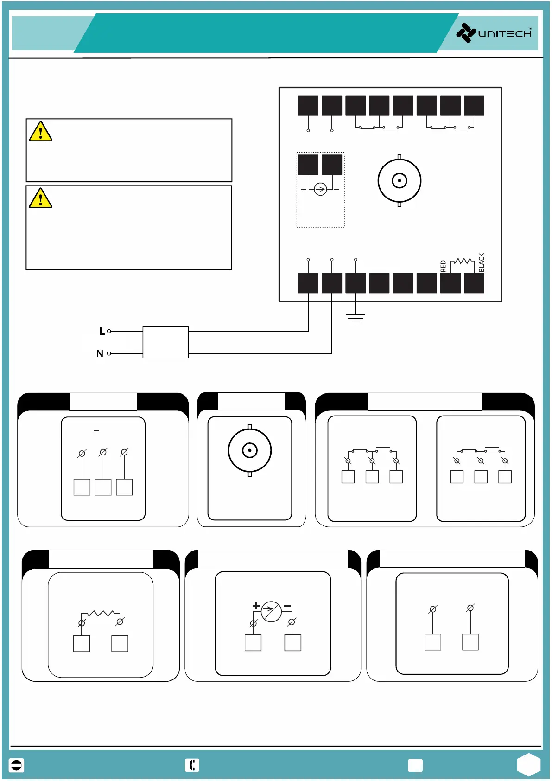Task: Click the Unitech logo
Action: pyautogui.click(x=494, y=33)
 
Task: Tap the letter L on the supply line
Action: pyautogui.click(x=102, y=331)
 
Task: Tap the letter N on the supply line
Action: pyautogui.click(x=100, y=353)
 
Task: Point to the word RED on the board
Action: pyautogui.click(x=443, y=266)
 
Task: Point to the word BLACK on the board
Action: pyautogui.click(x=481, y=262)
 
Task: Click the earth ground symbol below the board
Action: pyautogui.click(x=355, y=320)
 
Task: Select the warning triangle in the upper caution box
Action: pyautogui.click(x=40, y=131)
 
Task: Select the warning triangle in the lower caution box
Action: pyautogui.click(x=40, y=198)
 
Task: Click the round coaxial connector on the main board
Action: pyautogui.click(x=399, y=180)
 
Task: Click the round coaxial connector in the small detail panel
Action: pyautogui.click(x=250, y=450)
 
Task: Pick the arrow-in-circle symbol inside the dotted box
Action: pyautogui.click(x=320, y=189)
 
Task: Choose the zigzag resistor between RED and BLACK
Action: pyautogui.click(x=462, y=262)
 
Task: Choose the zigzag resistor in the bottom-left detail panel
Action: pyautogui.click(x=101, y=614)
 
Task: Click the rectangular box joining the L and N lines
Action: pyautogui.click(x=165, y=342)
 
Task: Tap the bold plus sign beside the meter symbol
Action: pyautogui.click(x=256, y=606)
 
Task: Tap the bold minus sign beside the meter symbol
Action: pyautogui.click(x=287, y=606)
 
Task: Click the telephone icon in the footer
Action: pyautogui.click(x=192, y=765)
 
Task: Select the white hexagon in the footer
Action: pyautogui.click(x=529, y=764)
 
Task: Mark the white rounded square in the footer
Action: pyautogui.click(x=415, y=765)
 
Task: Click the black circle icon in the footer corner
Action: pyautogui.click(x=16, y=765)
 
